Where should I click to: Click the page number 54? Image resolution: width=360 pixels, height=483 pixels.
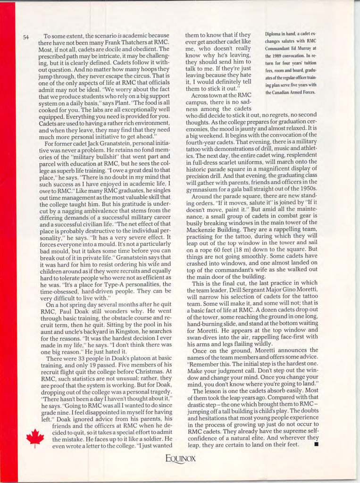click(x=25, y=37)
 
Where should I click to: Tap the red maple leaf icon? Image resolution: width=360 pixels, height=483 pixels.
click(x=34, y=438)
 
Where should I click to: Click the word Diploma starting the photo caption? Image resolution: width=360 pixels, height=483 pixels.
click(x=274, y=34)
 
